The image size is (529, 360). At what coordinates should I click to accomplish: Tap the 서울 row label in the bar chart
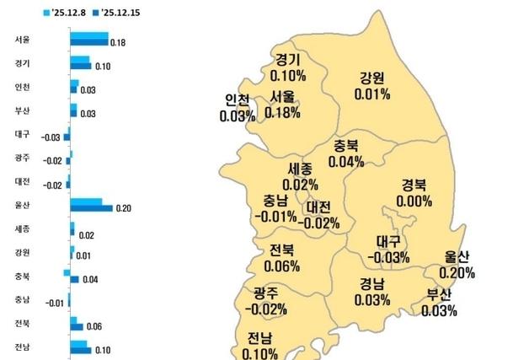click(x=23, y=40)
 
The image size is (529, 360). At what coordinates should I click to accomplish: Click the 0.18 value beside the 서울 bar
click(x=119, y=42)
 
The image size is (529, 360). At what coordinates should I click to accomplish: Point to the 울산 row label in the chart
click(x=23, y=205)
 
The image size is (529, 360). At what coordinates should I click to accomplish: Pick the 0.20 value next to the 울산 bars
click(x=124, y=207)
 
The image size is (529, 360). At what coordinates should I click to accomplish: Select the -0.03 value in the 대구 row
click(x=51, y=137)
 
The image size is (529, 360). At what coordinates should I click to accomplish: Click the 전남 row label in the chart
click(x=23, y=347)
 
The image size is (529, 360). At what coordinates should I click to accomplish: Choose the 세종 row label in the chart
click(x=23, y=228)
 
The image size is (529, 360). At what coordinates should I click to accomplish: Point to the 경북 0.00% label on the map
click(x=414, y=194)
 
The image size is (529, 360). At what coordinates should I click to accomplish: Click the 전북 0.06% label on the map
click(x=282, y=259)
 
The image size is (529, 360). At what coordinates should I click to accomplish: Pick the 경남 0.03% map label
click(x=372, y=292)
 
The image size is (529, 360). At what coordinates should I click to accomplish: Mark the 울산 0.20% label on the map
click(x=457, y=266)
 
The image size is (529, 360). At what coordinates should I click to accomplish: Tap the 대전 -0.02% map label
click(x=322, y=215)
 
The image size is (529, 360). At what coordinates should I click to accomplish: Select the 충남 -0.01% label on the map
click(x=275, y=208)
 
